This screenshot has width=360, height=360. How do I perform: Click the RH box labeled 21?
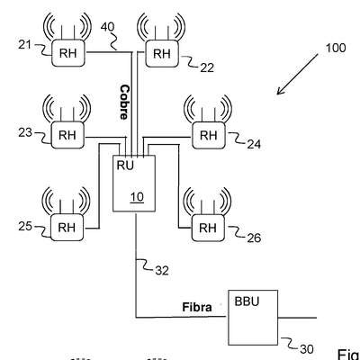tap(68, 53)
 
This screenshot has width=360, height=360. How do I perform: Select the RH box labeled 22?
tap(162, 53)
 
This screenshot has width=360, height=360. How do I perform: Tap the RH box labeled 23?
tap(67, 135)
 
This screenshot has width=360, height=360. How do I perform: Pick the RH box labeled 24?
tap(209, 135)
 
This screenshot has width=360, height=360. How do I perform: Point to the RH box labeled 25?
tap(67, 228)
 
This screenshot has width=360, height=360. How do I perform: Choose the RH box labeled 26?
tap(208, 228)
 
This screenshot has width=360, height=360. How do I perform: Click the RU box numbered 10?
tap(134, 184)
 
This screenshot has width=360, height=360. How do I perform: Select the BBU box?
tap(253, 318)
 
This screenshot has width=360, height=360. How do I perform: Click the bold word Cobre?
tap(124, 103)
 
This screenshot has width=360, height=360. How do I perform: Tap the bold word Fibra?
tap(197, 307)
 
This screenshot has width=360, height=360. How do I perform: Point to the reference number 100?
tap(336, 48)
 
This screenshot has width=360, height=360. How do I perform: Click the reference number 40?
tap(107, 27)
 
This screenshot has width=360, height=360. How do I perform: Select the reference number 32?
tap(162, 271)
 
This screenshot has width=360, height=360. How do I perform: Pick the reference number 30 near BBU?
tap(307, 349)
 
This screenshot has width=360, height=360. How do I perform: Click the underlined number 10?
tap(137, 197)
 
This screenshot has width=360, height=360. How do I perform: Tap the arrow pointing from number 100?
tap(297, 75)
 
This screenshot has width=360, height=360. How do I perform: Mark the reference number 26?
tap(254, 238)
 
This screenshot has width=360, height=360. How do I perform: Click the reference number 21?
tap(24, 45)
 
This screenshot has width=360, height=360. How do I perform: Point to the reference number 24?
tap(254, 145)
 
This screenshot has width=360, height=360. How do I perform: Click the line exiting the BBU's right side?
tap(297, 318)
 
